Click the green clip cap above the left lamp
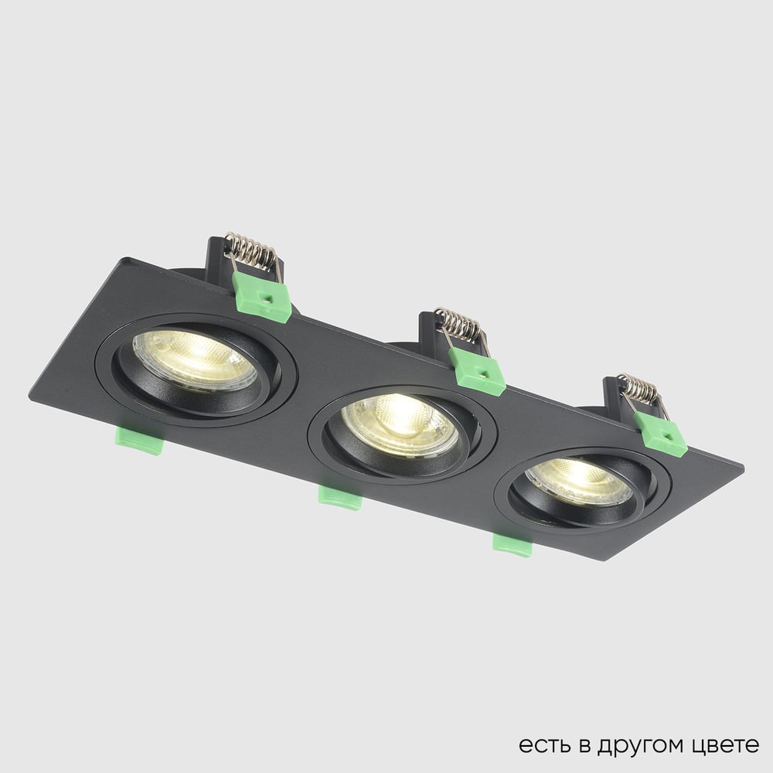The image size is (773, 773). [262, 297]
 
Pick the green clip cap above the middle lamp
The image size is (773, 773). [477, 371]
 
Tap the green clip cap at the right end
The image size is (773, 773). [660, 434]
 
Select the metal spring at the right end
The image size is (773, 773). [641, 389]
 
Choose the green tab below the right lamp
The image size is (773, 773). [512, 545]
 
